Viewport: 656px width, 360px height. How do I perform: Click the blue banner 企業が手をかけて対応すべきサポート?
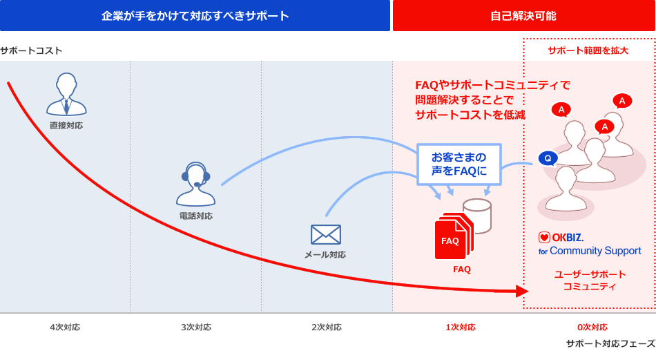point(195,15)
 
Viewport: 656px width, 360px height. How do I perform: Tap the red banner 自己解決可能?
point(524,15)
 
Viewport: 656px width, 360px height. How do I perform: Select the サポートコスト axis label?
point(31,50)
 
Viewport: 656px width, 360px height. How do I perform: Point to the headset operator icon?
point(195,184)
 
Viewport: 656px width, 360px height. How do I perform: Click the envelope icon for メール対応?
point(325,234)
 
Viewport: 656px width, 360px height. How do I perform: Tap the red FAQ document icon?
point(454,236)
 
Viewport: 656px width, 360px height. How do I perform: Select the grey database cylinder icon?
point(477,215)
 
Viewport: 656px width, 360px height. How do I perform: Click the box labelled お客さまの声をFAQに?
point(459,164)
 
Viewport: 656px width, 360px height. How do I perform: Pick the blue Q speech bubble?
point(548,158)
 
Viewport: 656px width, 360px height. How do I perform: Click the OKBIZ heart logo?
point(544,238)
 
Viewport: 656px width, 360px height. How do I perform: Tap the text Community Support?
point(595,251)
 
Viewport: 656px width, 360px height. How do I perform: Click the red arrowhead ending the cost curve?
point(522,291)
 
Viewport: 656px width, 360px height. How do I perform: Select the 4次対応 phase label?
point(65,328)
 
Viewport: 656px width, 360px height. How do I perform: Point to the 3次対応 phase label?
point(196,328)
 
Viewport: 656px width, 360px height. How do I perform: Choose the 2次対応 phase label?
point(327,328)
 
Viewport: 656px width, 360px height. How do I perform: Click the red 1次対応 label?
point(461,328)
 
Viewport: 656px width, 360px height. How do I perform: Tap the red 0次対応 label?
point(592,328)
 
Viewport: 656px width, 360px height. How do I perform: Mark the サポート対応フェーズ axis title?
point(611,343)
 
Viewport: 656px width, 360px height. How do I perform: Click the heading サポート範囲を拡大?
point(588,50)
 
